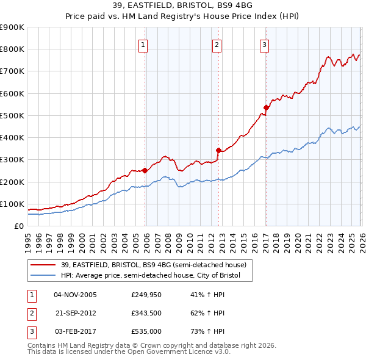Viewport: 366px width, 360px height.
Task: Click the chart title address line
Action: pos(182,5)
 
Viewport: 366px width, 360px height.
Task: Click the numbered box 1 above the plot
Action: pos(143,44)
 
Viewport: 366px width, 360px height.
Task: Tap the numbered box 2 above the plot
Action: pos(217,44)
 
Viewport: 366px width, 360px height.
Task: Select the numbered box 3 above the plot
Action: pos(264,44)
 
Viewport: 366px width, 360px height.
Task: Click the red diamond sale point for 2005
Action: pos(145,171)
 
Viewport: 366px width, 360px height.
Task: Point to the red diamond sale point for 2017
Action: pos(266,108)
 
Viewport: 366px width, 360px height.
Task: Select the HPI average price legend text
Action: pos(151,276)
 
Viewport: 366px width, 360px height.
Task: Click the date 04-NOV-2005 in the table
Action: pos(75,294)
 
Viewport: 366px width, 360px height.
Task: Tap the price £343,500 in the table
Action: pos(146,313)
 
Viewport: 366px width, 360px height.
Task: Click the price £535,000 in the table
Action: pos(146,332)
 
